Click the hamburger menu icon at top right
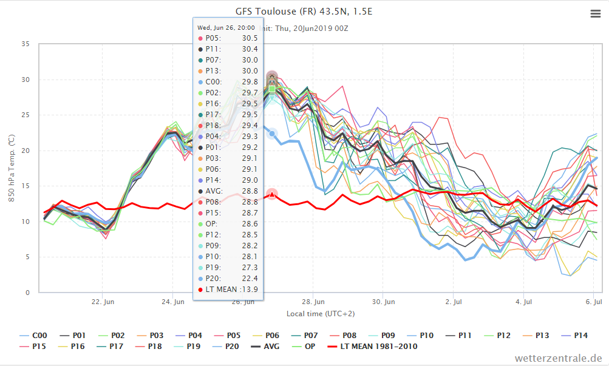coord(596,14)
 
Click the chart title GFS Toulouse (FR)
coord(276,12)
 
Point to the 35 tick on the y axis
coord(26,44)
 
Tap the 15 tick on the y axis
coord(26,186)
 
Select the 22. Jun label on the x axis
coord(103,302)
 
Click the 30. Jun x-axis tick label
coord(383,302)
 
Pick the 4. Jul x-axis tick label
coord(523,302)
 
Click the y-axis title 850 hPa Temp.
coord(12,168)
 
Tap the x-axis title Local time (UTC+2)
coord(321,314)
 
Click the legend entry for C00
coord(33,335)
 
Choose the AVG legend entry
coord(265,346)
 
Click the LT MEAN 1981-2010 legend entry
coord(373,346)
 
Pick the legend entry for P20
coord(226,346)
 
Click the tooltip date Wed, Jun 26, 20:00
coord(226,27)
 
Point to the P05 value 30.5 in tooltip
coord(250,38)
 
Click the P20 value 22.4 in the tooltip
coord(250,278)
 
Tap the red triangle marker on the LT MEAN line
coord(272,194)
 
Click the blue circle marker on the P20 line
coord(272,134)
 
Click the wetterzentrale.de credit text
coord(559,358)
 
